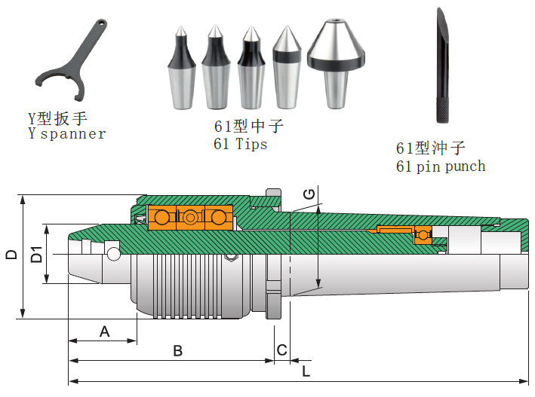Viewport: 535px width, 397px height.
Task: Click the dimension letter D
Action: pyautogui.click(x=11, y=255)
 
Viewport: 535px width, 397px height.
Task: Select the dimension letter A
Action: pyautogui.click(x=104, y=331)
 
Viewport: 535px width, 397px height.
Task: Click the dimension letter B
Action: pyautogui.click(x=177, y=351)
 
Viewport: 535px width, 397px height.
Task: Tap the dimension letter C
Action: pyautogui.click(x=281, y=350)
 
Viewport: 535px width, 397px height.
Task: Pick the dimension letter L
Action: pyautogui.click(x=305, y=371)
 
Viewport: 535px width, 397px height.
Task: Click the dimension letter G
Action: pyautogui.click(x=308, y=194)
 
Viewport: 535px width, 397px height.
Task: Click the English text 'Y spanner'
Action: pyautogui.click(x=66, y=134)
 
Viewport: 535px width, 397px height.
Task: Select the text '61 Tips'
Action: pyautogui.click(x=241, y=144)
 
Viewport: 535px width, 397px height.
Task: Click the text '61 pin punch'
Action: pyautogui.click(x=441, y=166)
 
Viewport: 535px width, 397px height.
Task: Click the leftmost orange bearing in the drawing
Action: pyautogui.click(x=159, y=218)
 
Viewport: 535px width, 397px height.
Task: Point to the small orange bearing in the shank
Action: pyautogui.click(x=423, y=236)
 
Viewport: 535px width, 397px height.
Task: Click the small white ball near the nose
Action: pyautogui.click(x=113, y=253)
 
